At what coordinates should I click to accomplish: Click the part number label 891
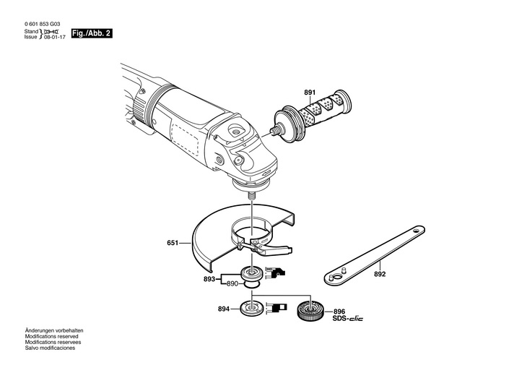[x=310, y=93]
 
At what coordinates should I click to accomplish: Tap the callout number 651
[x=173, y=244]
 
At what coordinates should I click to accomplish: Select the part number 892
[x=380, y=274]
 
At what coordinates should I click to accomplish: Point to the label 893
[x=209, y=278]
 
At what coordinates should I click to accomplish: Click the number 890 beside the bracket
[x=232, y=284]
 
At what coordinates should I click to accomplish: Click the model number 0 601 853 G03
[x=47, y=24]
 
